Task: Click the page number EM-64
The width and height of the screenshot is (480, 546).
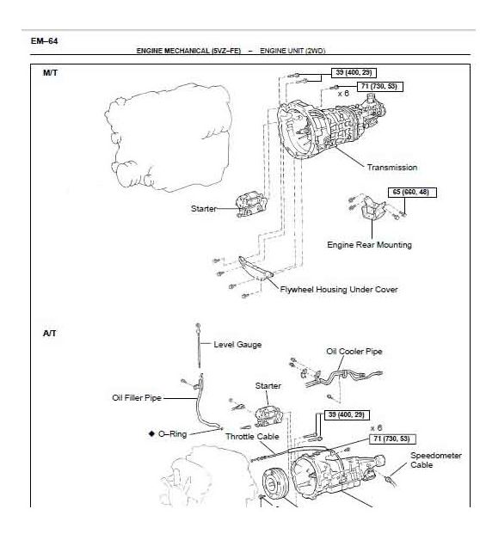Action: point(45,40)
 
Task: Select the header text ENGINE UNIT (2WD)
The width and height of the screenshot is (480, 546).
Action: point(292,52)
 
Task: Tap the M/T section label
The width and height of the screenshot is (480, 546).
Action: point(50,72)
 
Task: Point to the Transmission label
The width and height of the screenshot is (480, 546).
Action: point(391,168)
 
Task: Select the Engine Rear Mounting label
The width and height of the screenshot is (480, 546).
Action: point(369,245)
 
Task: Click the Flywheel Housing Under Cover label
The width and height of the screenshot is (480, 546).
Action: point(339,290)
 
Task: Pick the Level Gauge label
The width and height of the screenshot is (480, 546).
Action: point(237,345)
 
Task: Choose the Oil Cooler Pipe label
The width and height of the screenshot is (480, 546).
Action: point(354,351)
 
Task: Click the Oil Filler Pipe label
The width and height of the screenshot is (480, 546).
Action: point(136,398)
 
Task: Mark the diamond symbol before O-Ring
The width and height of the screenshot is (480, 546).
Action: point(150,434)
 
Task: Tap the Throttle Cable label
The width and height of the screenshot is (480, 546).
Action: point(251,436)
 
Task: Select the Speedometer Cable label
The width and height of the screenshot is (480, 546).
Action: point(435,460)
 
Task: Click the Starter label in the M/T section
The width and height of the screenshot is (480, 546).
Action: point(204,208)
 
